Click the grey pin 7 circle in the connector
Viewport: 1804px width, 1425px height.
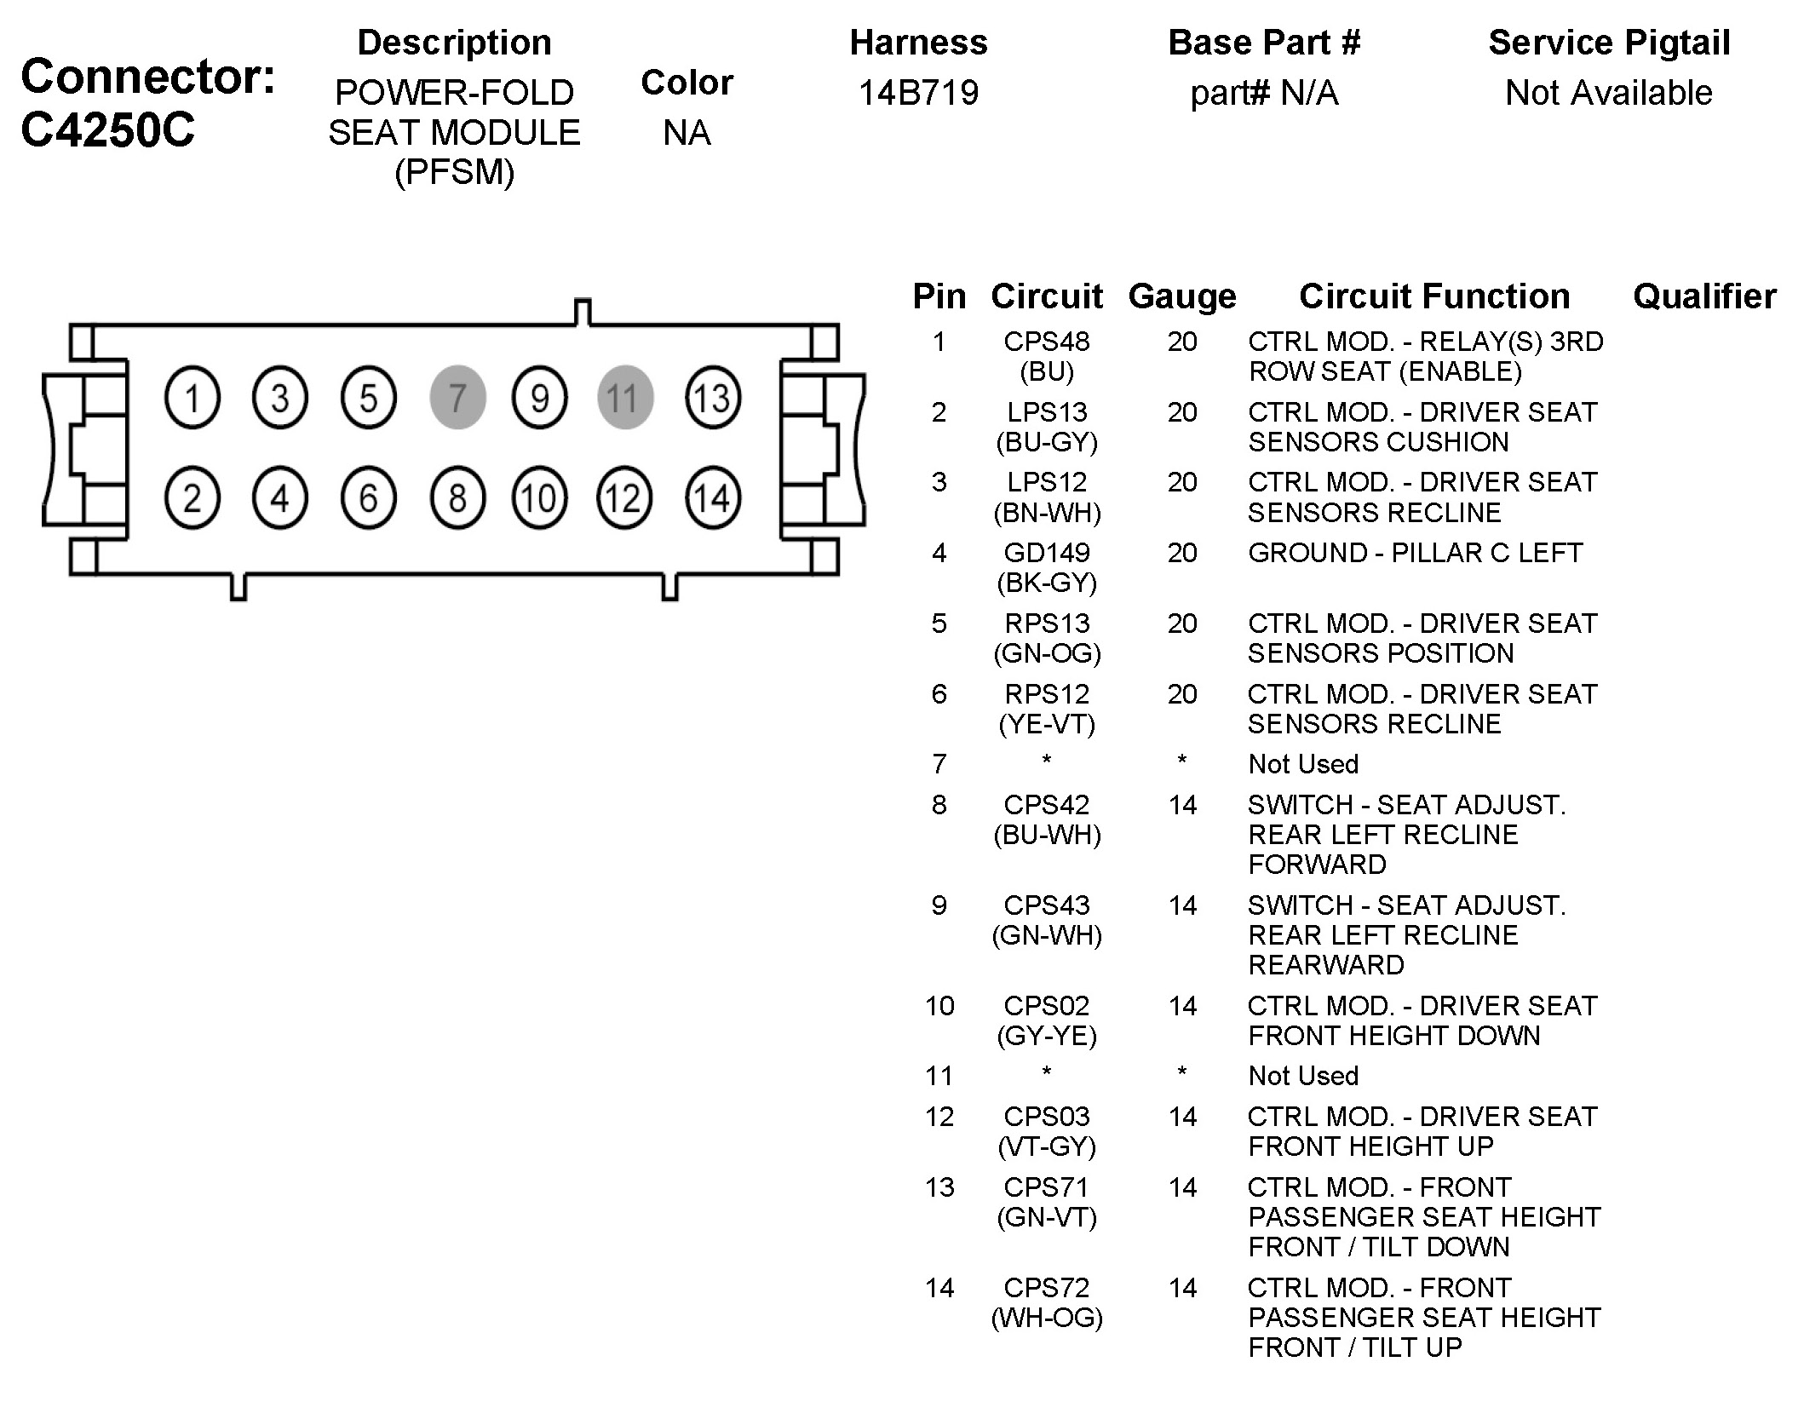click(457, 398)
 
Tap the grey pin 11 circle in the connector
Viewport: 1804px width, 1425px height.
click(624, 398)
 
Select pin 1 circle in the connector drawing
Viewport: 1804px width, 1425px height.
click(192, 398)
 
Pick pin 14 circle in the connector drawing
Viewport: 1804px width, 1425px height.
click(712, 498)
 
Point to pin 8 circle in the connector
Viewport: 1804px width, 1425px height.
click(457, 498)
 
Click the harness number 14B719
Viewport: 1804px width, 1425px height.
click(918, 92)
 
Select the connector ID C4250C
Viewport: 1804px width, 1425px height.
click(108, 129)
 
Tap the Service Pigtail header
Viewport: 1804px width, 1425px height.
click(1608, 43)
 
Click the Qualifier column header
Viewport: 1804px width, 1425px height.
click(1704, 296)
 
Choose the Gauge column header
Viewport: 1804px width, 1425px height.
click(1181, 296)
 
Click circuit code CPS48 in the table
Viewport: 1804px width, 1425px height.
click(1046, 342)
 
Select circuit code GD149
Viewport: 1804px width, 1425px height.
click(1046, 553)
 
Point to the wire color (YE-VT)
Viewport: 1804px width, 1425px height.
click(1046, 724)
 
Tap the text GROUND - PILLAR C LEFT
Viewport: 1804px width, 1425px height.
click(1414, 553)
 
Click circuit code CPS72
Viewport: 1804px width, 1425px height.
click(1046, 1288)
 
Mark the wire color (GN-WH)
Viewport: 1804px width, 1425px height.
click(1046, 935)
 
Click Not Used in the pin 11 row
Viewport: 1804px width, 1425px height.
click(1302, 1076)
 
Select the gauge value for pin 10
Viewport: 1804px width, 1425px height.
click(1181, 1006)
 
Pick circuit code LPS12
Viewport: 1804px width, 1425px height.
click(1046, 482)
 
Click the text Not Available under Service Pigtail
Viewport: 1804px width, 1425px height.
click(1608, 92)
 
